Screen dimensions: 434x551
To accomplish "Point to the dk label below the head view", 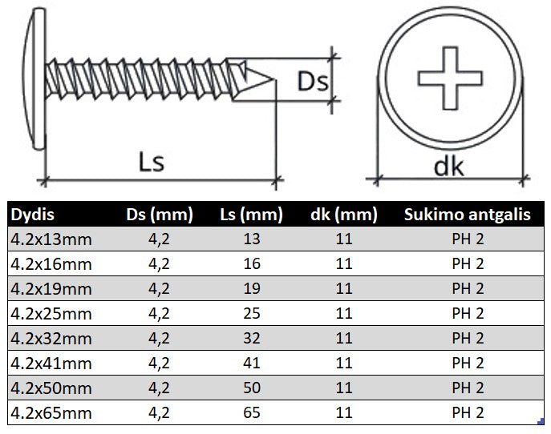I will point(449,165).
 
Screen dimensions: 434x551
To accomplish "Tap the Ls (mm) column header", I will point(251,215).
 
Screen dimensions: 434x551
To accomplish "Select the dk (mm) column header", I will point(343,215).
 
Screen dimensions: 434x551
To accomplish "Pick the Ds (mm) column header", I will point(160,215).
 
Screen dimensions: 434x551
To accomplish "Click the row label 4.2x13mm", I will point(50,238).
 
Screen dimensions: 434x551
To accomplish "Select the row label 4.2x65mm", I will point(50,413).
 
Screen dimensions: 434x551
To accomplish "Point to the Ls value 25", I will point(251,313).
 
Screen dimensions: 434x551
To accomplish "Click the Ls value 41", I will point(251,363).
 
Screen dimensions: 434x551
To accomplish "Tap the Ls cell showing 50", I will point(251,388).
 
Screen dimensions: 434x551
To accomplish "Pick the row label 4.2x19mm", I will point(50,288).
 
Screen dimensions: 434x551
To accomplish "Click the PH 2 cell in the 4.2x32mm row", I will point(468,338).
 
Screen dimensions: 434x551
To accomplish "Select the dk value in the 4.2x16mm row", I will point(344,263).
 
